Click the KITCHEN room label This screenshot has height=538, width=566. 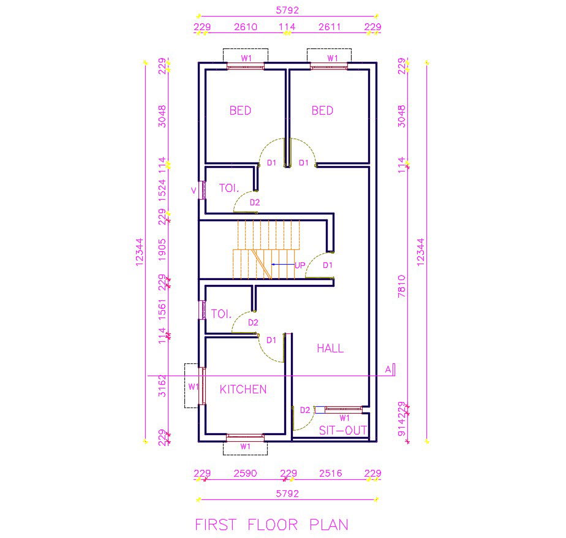click(x=243, y=389)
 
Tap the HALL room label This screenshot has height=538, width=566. click(x=330, y=349)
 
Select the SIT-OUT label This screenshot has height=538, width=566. click(x=343, y=430)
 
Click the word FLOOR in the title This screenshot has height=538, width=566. click(x=273, y=525)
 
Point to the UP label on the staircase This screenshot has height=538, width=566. click(x=300, y=265)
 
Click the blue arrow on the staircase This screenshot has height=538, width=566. click(x=283, y=264)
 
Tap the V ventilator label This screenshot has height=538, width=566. click(x=194, y=191)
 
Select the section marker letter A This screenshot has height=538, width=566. click(x=388, y=369)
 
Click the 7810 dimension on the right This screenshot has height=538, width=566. click(x=401, y=286)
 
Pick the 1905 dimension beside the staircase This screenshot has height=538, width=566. click(x=162, y=249)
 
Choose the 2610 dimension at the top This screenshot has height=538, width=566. click(x=246, y=27)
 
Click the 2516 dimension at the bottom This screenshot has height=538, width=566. click(x=330, y=473)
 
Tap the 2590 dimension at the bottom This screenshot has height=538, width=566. click(x=245, y=473)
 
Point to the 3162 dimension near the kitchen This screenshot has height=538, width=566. click(x=162, y=385)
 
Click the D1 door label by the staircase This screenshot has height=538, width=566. click(x=327, y=265)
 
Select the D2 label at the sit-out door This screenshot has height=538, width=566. click(x=305, y=410)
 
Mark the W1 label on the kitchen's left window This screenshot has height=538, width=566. click(x=194, y=387)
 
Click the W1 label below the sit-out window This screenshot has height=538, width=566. click(x=345, y=418)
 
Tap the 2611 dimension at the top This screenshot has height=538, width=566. click(x=330, y=27)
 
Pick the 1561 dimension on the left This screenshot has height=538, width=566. click(x=162, y=309)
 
